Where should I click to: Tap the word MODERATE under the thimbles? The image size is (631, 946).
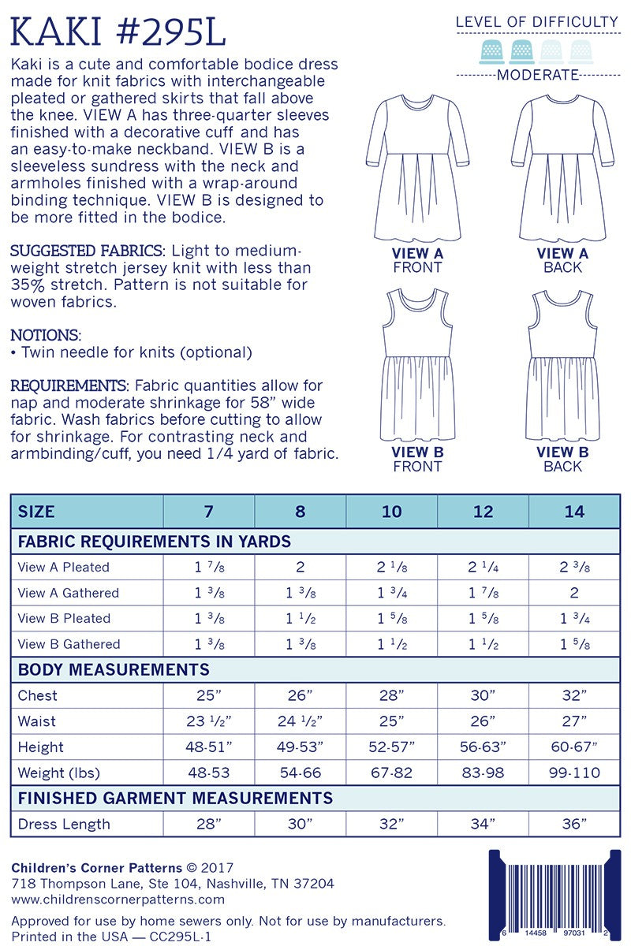click(539, 76)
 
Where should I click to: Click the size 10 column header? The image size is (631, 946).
click(391, 511)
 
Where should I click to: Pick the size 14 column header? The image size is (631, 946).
click(574, 511)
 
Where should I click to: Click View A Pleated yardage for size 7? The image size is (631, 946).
click(208, 567)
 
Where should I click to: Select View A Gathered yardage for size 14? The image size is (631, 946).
click(574, 593)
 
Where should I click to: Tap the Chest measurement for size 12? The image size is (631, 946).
click(483, 695)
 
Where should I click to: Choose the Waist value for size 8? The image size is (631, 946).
click(300, 721)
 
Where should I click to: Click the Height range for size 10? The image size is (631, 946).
click(391, 747)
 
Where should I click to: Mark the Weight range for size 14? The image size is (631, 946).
click(574, 773)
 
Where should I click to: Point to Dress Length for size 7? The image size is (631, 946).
click(208, 825)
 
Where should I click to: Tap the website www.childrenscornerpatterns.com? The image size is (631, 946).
click(118, 899)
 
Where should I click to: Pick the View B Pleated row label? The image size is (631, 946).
click(64, 619)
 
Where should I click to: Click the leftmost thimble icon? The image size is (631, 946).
click(491, 51)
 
